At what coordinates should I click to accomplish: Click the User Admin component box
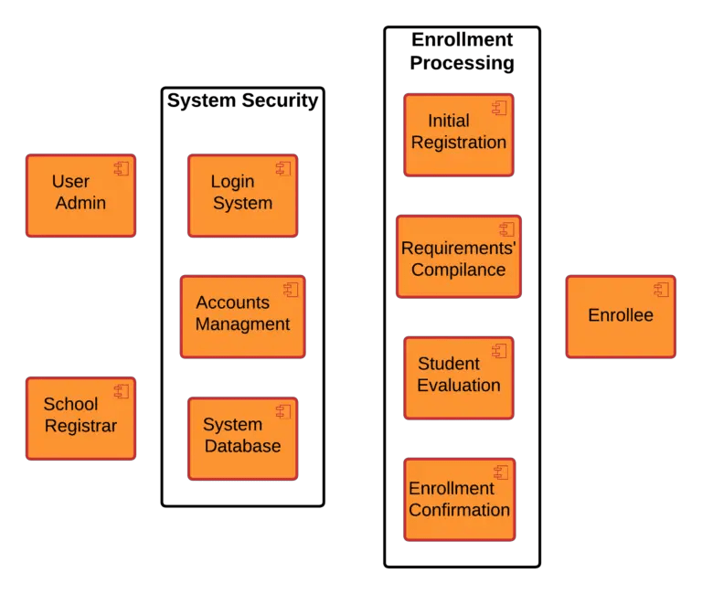pos(80,196)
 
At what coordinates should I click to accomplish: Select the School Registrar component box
pos(80,418)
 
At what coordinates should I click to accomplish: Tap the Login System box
pos(242,196)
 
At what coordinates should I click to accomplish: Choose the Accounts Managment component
pos(242,316)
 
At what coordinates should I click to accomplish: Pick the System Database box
pos(242,438)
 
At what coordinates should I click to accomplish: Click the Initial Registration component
pos(459,134)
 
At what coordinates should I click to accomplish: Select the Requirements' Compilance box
pos(459,257)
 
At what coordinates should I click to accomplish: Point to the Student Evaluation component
pos(459,377)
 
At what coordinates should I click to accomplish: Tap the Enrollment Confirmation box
pos(459,499)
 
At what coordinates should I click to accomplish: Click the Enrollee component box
pos(621,316)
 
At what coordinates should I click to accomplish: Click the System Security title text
pos(242,101)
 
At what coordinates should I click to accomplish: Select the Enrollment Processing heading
pos(462,52)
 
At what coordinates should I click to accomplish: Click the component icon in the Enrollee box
pos(662,290)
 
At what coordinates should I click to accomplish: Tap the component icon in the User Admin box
pos(122,168)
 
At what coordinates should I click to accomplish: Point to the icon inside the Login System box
pos(283,168)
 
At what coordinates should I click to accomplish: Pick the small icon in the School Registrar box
pos(122,391)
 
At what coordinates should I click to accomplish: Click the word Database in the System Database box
pos(242,447)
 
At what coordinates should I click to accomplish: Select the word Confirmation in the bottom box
pos(459,510)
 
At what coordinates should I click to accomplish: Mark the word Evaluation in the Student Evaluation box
pos(459,386)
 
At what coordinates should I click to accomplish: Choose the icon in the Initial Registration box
pos(499,108)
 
